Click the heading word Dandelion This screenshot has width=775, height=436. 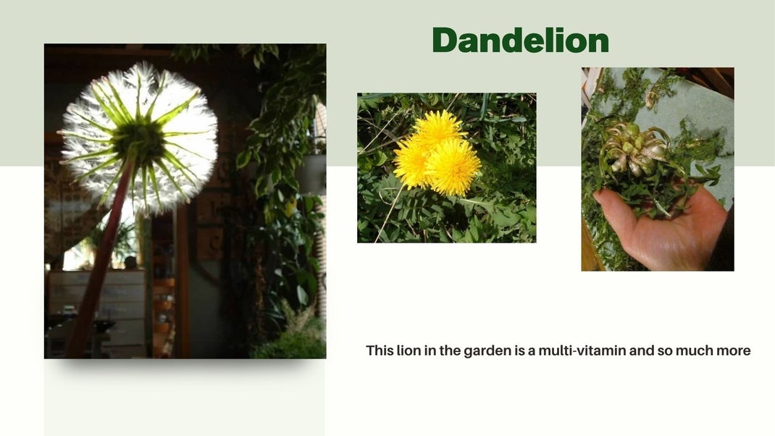point(521,40)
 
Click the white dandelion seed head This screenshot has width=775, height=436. point(139,138)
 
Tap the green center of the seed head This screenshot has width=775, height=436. point(138,142)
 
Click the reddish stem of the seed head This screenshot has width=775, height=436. point(99,262)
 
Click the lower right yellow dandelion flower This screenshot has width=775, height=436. point(452,166)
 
